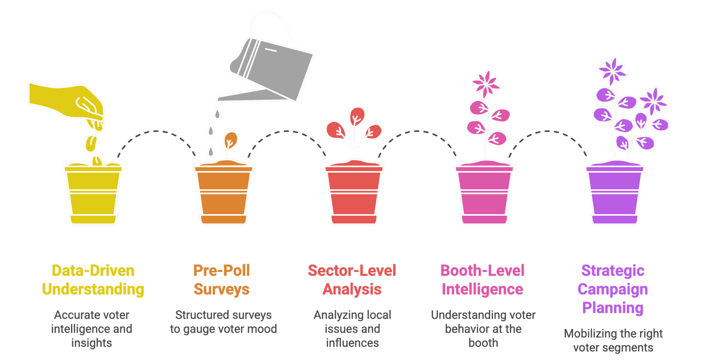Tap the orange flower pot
click(x=224, y=194)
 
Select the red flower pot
click(x=354, y=194)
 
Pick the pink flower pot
click(x=484, y=194)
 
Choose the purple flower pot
click(x=615, y=194)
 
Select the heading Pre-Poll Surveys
click(x=222, y=280)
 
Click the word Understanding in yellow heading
click(x=93, y=289)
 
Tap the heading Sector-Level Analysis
click(x=352, y=280)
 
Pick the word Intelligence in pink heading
click(x=482, y=289)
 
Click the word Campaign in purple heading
click(x=613, y=289)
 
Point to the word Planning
click(x=613, y=308)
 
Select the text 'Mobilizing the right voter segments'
click(x=613, y=340)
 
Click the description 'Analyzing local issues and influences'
click(x=352, y=329)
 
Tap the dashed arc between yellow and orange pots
click(x=156, y=132)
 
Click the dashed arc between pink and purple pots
click(x=548, y=132)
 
